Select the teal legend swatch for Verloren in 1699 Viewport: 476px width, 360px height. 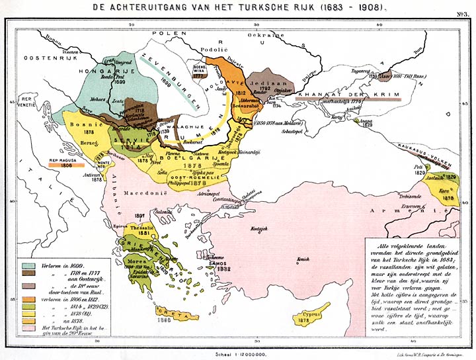click(28, 263)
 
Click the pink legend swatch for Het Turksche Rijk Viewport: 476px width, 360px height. click(28, 328)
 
